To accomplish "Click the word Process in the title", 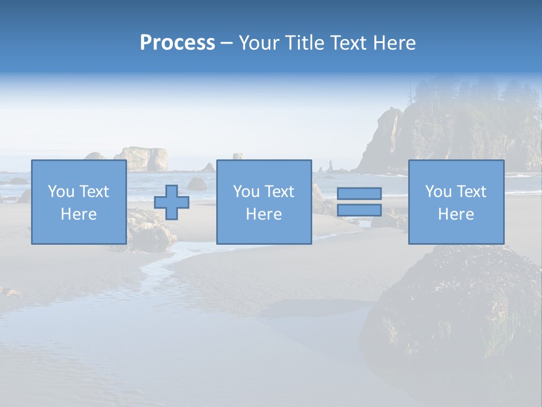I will pos(177,43).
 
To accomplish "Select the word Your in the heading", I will pos(258,43).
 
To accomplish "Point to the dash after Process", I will pos(226,44).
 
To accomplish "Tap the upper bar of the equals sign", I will pos(359,194).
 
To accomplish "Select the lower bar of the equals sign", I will pos(359,210).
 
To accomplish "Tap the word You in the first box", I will pos(60,192).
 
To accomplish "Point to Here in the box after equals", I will pos(456,214).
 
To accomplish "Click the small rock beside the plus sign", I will pos(197,184).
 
